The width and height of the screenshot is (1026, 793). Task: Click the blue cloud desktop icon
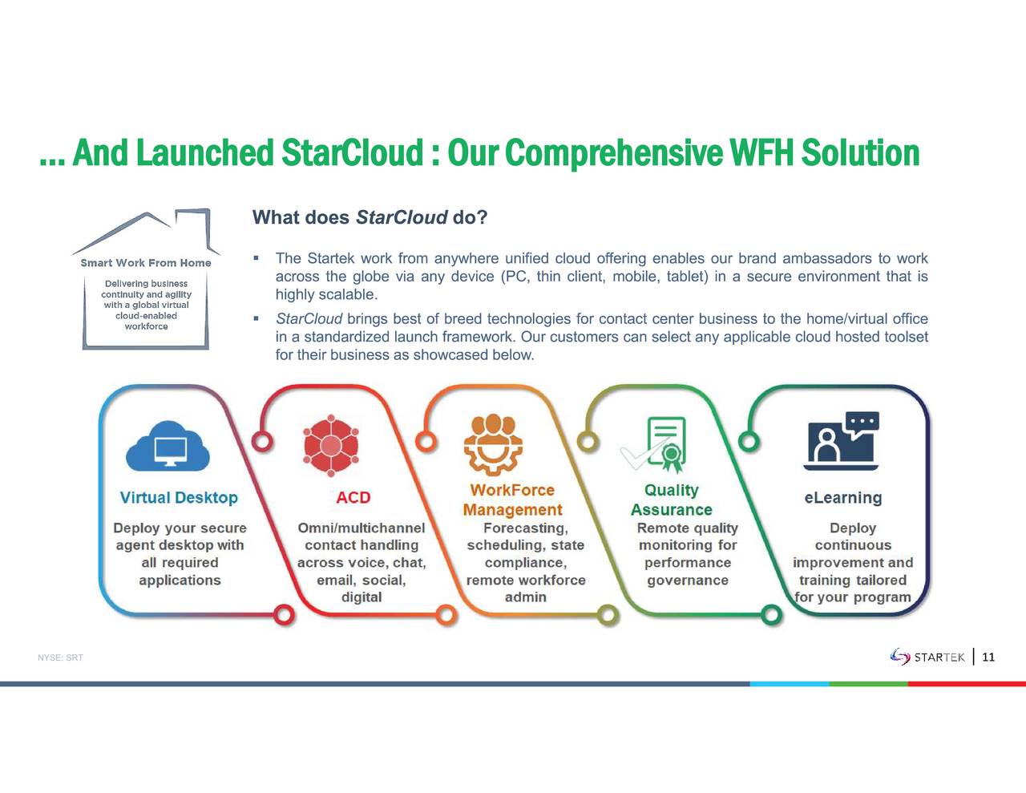168,446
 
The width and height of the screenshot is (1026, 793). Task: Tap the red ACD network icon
331,445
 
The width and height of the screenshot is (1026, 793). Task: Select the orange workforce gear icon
493,444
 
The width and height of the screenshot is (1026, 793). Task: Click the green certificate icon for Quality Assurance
654,444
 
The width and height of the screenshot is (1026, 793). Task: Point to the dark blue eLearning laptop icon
842,441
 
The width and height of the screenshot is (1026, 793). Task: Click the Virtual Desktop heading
179,497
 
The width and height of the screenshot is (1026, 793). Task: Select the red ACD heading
353,497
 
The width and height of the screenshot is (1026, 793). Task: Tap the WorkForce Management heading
512,500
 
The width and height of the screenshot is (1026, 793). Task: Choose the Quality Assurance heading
672,500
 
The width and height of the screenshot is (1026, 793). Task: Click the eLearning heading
843,497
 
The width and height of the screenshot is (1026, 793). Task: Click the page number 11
988,657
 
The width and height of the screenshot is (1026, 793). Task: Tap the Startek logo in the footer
927,657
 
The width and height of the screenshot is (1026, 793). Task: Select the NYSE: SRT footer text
60,657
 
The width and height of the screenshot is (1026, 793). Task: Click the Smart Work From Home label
146,263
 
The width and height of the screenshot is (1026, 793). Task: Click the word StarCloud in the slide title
352,152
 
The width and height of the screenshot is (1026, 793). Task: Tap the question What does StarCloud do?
370,217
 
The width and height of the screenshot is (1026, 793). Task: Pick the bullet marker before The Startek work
256,258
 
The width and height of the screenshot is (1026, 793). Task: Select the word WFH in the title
761,152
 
